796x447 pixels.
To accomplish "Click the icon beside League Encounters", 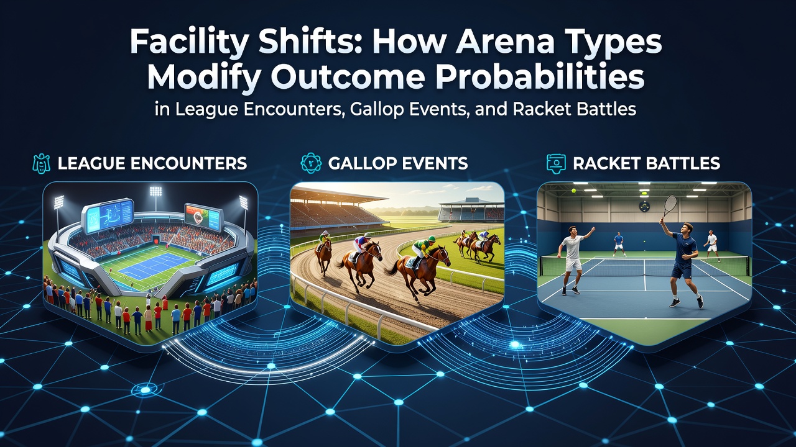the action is [x=41, y=163].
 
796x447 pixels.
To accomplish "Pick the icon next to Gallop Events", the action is [x=311, y=163].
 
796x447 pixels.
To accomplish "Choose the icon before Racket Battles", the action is [x=556, y=163].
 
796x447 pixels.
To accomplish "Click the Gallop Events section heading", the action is [x=398, y=163].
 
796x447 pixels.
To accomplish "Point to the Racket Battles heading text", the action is [x=646, y=163].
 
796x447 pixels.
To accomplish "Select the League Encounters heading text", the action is [x=152, y=163].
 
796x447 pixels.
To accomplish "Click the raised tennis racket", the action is [x=668, y=207].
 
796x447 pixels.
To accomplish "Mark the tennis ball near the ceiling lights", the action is [x=573, y=191].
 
